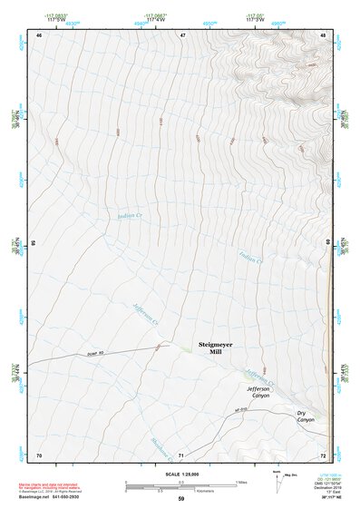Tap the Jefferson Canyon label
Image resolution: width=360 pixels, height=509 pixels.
tap(259, 391)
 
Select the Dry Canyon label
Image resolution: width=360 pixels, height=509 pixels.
tap(306, 416)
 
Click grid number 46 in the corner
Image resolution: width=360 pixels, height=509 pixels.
tap(39, 34)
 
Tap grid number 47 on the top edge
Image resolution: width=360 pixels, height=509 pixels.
tap(182, 34)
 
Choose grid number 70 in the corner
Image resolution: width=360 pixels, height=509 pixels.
tap(39, 454)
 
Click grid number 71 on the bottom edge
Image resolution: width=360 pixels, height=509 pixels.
tap(181, 454)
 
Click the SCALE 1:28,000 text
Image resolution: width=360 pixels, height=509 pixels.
tap(181, 473)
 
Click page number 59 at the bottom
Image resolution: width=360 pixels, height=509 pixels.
tap(181, 498)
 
